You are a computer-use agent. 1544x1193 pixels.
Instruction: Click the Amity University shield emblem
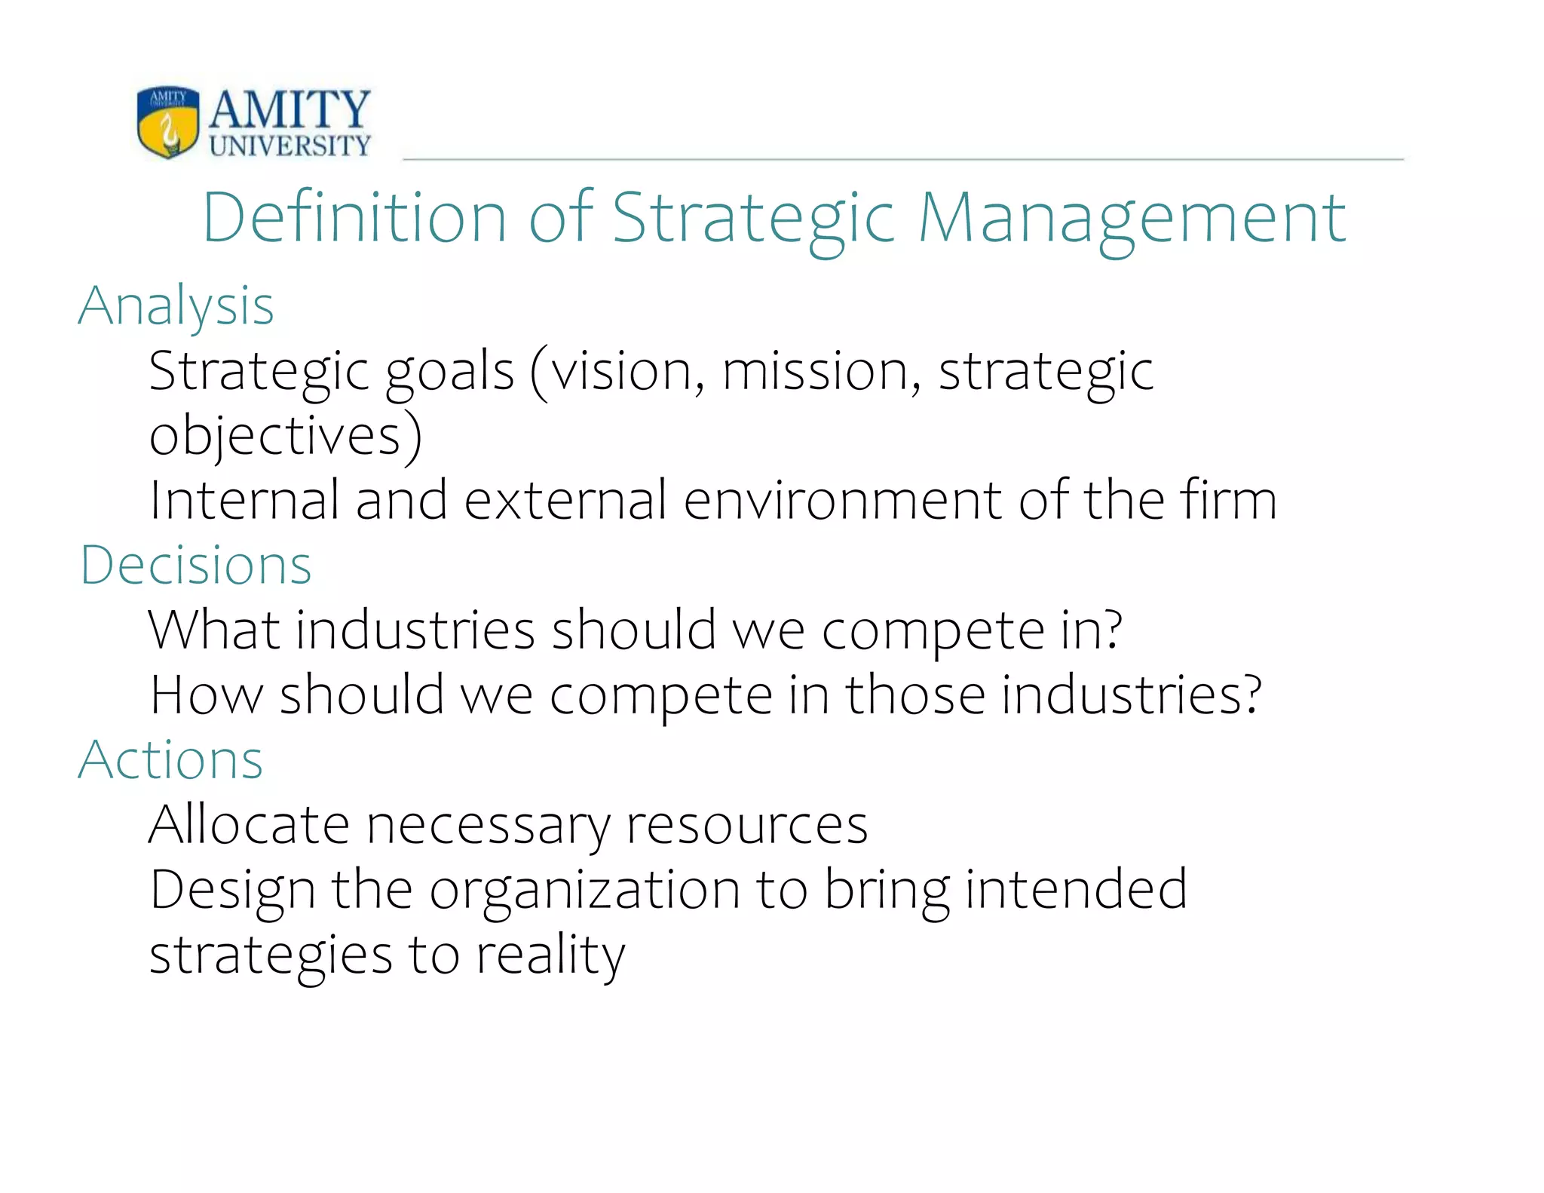(x=168, y=121)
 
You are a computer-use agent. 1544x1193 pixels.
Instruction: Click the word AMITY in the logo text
(x=289, y=109)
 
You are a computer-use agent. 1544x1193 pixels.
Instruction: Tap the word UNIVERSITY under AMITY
(x=290, y=146)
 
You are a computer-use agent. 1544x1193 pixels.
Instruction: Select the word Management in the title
(x=1132, y=219)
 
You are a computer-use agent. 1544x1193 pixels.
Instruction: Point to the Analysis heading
(x=176, y=306)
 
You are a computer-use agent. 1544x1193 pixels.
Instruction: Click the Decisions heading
(x=196, y=565)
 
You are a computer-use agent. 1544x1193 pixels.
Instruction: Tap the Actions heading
(x=171, y=759)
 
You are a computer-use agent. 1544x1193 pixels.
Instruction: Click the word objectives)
(x=286, y=437)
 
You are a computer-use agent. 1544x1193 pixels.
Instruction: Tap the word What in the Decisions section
(x=214, y=630)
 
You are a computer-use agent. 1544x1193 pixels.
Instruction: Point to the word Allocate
(x=249, y=824)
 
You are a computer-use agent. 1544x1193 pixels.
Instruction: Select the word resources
(x=747, y=826)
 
